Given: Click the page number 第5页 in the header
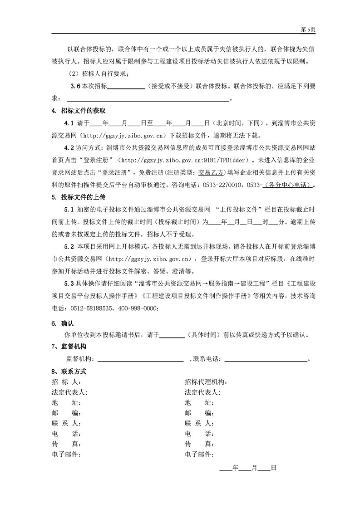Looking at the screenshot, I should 308,29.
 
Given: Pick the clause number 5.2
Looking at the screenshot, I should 69,247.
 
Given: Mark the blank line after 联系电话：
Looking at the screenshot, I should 266,359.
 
